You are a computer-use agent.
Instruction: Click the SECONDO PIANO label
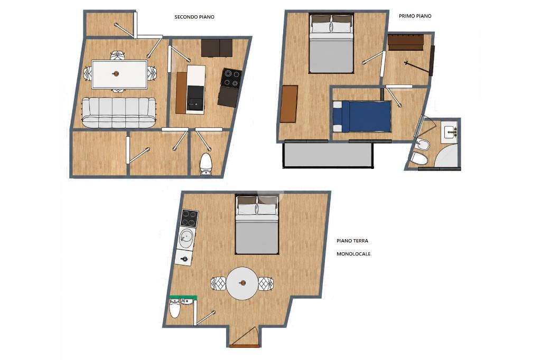point(194,17)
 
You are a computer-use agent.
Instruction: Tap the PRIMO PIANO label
point(415,16)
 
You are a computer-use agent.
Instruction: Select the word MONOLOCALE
point(353,254)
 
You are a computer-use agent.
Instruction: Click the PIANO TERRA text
point(352,241)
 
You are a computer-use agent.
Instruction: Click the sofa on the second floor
point(119,112)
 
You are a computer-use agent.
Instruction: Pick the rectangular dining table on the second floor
point(119,74)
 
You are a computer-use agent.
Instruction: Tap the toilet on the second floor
point(207,165)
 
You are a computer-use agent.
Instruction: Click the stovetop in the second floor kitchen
point(231,78)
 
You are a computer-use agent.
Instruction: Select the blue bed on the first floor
point(362,116)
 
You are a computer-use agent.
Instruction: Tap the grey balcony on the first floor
point(328,155)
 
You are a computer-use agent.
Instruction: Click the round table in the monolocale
point(242,283)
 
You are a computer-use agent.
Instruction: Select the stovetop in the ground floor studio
point(189,218)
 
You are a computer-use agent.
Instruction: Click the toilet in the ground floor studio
point(175,308)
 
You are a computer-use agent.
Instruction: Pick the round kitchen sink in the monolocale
point(186,236)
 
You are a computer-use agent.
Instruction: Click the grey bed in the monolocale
point(257,224)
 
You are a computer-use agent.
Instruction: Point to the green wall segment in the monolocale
point(183,297)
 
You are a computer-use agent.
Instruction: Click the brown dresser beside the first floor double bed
point(289,104)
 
